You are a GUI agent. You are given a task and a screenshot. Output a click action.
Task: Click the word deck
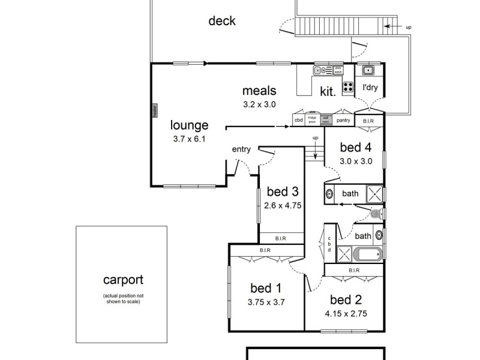click(221, 21)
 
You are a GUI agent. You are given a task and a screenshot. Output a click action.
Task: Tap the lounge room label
click(189, 125)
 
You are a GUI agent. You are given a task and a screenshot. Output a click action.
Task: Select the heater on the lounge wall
click(154, 110)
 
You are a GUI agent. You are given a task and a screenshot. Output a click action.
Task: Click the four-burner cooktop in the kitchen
click(348, 88)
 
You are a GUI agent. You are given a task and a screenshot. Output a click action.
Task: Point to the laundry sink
click(368, 71)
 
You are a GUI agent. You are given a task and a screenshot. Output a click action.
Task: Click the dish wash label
click(338, 70)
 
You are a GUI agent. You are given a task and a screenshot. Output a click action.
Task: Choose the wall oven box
click(326, 119)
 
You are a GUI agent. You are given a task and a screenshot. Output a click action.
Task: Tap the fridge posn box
click(312, 119)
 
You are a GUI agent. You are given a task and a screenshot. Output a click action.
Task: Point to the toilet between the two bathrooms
click(376, 214)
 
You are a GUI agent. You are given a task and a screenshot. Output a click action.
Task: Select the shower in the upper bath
click(375, 194)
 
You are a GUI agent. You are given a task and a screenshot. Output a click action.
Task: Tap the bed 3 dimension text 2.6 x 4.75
click(282, 205)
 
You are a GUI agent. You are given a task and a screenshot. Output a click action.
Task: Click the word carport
click(123, 280)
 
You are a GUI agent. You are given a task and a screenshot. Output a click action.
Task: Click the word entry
click(241, 149)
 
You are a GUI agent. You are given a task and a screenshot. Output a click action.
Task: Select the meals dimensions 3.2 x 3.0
click(259, 104)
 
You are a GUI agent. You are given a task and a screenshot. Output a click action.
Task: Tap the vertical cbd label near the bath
click(329, 245)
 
